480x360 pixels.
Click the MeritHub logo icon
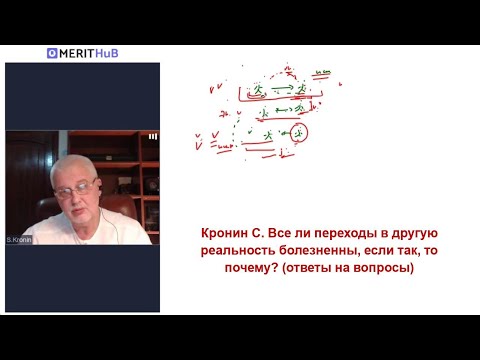tap(51, 53)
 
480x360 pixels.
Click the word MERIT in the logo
tap(79, 53)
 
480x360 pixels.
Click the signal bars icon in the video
tap(153, 136)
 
